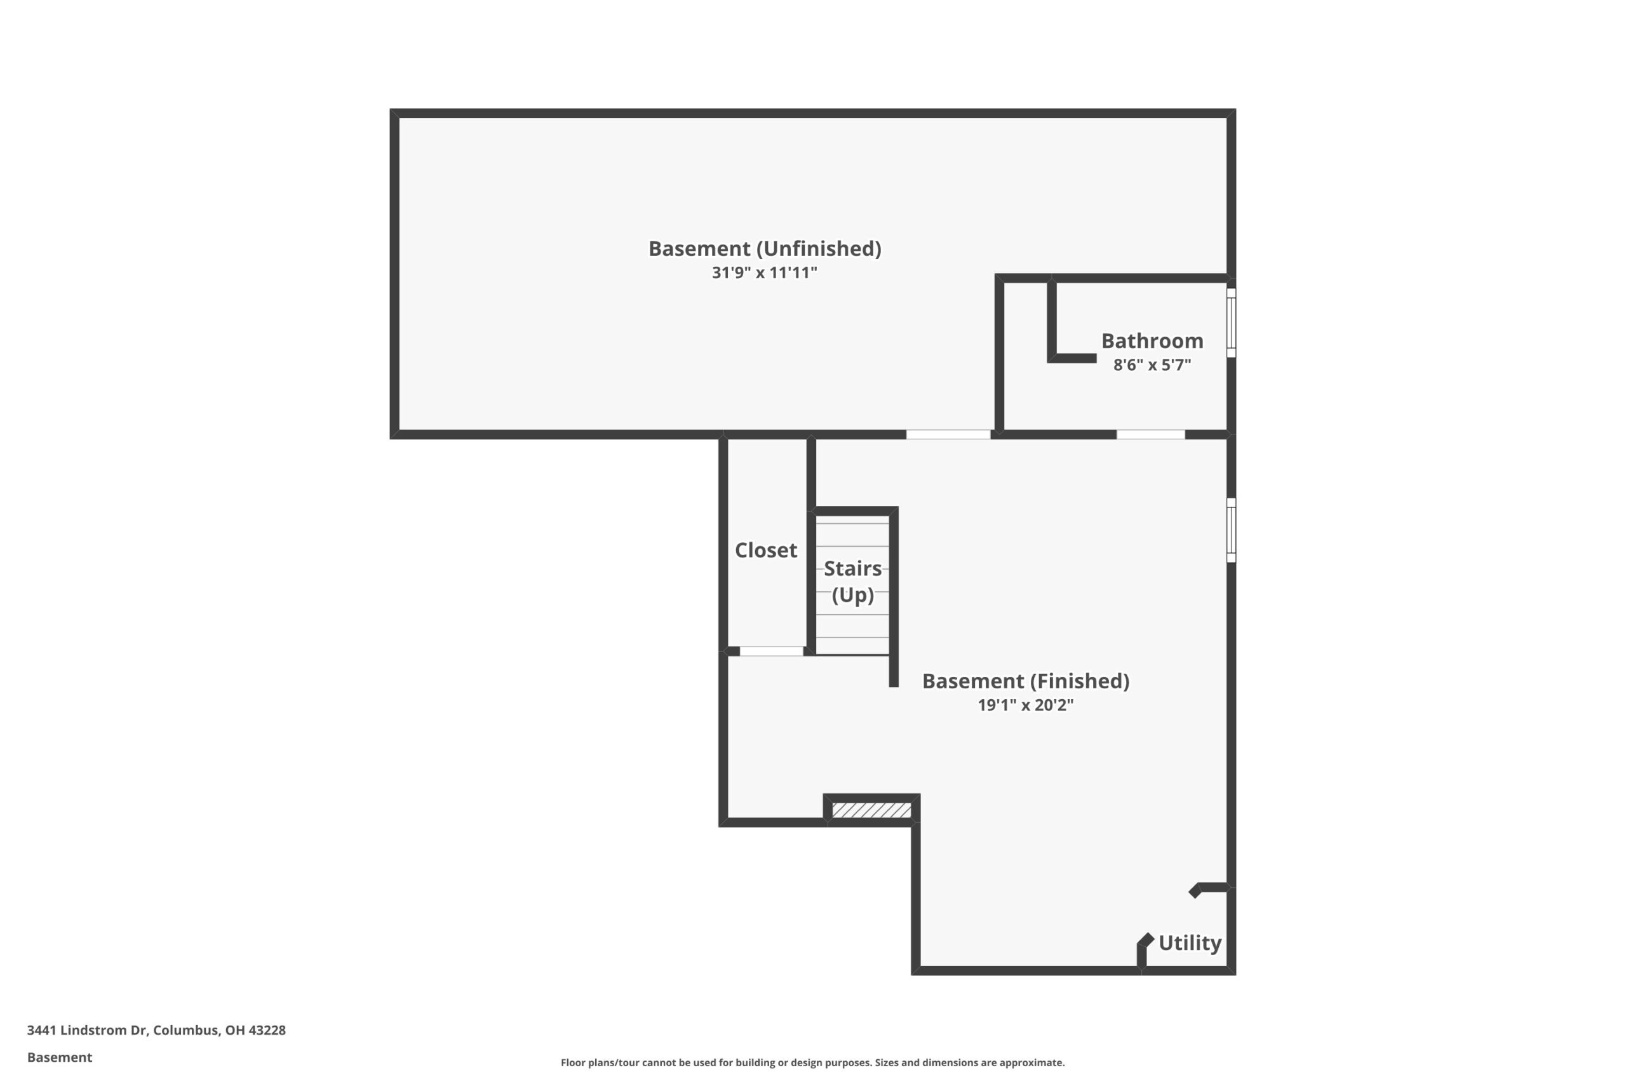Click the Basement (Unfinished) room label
pyautogui.click(x=765, y=249)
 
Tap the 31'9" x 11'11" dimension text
pyautogui.click(x=765, y=272)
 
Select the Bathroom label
pyautogui.click(x=1152, y=341)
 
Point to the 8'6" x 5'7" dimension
pyautogui.click(x=1152, y=365)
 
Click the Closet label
pyautogui.click(x=766, y=551)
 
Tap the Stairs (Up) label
pyautogui.click(x=852, y=582)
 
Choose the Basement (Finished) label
pyautogui.click(x=1026, y=681)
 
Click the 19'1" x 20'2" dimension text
pyautogui.click(x=1026, y=705)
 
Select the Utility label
pyautogui.click(x=1190, y=943)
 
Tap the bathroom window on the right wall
pyautogui.click(x=1232, y=323)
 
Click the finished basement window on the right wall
pyautogui.click(x=1232, y=530)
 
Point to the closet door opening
pyautogui.click(x=772, y=652)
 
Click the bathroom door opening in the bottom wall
pyautogui.click(x=1151, y=435)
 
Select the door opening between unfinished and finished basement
pyautogui.click(x=948, y=435)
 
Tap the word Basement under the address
pyautogui.click(x=60, y=1057)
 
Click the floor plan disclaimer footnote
pyautogui.click(x=813, y=1062)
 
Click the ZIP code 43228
pyautogui.click(x=267, y=1030)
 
